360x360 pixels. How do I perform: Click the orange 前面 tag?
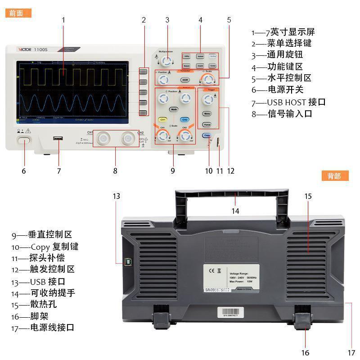pyautogui.click(x=18, y=13)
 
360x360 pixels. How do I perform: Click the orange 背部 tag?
pyautogui.click(x=335, y=176)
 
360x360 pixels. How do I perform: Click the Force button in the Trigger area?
pyautogui.click(x=207, y=125)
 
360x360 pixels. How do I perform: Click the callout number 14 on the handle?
pyautogui.click(x=235, y=211)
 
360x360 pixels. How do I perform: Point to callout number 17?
pyautogui.click(x=351, y=352)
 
